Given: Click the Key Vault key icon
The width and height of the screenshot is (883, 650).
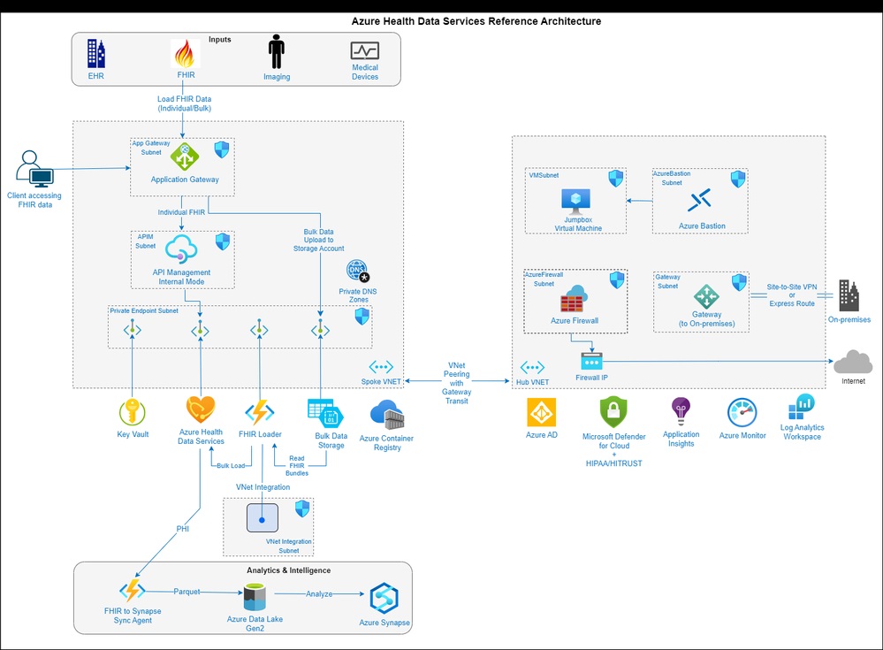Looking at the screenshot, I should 132,411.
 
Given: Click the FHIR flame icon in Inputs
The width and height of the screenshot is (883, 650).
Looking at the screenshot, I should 186,55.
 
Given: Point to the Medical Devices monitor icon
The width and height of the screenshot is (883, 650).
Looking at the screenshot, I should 364,50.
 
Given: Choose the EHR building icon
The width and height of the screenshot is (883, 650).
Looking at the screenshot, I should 95,54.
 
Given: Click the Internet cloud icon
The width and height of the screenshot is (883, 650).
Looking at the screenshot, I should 853,362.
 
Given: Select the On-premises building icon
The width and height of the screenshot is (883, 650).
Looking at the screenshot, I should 849,296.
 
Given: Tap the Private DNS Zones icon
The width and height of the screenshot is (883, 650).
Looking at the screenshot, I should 357,271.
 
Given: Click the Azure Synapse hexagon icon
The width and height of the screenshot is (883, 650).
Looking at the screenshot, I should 384,598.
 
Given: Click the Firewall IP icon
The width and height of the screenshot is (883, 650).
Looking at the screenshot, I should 590,361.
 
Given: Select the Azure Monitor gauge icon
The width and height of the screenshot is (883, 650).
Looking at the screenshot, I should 742,413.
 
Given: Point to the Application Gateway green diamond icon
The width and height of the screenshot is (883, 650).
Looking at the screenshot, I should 185,157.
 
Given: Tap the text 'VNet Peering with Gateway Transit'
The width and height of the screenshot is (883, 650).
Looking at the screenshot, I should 457,382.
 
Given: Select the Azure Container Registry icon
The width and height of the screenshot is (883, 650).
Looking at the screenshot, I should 386,415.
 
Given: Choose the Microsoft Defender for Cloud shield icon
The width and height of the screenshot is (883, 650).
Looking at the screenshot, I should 613,412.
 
